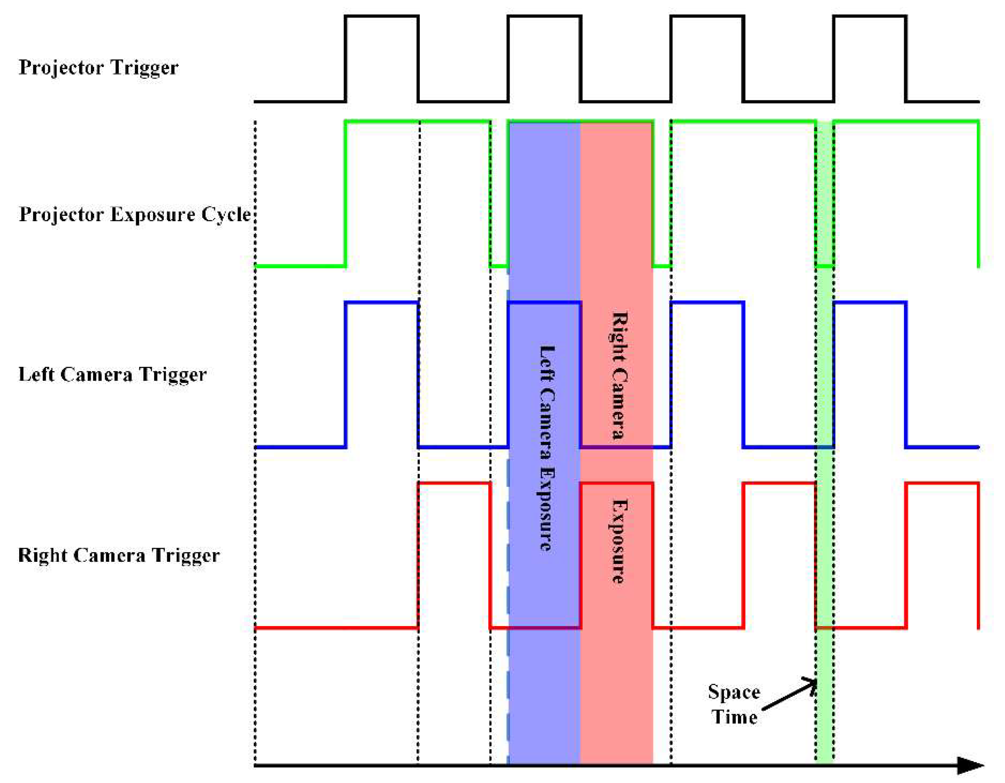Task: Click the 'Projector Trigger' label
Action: click(98, 68)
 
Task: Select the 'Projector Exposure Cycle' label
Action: click(134, 215)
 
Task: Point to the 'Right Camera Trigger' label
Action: click(119, 555)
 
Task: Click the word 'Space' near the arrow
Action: click(734, 691)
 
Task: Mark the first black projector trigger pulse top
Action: click(381, 17)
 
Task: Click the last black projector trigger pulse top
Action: click(870, 17)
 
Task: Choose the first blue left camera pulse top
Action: click(381, 303)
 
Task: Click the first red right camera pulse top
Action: click(454, 483)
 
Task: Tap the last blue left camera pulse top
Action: click(870, 303)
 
